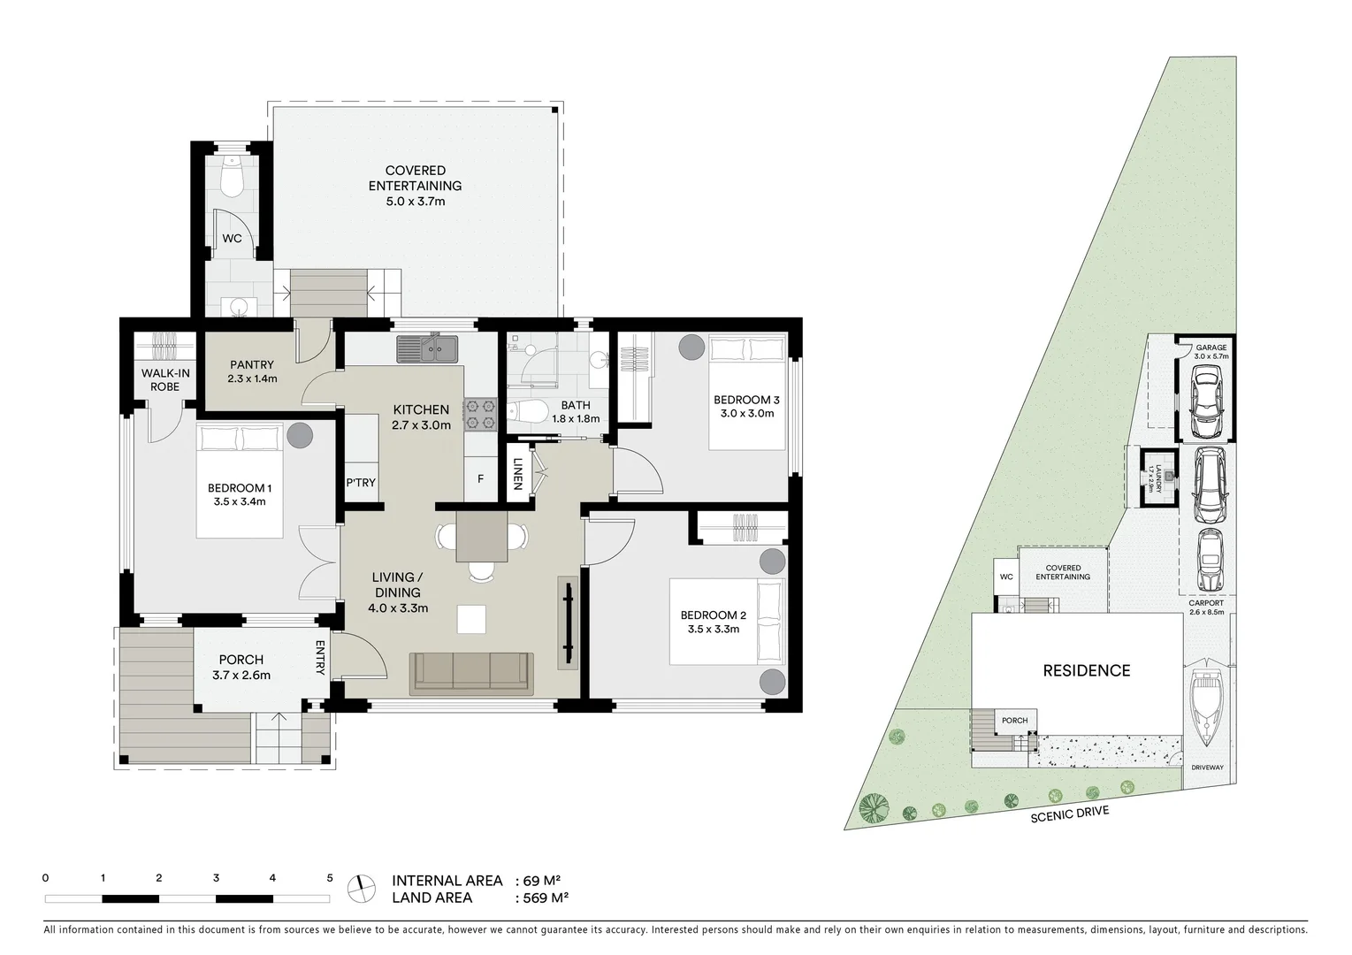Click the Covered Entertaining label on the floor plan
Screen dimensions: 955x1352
(x=415, y=179)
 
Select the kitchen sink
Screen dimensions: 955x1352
(x=427, y=348)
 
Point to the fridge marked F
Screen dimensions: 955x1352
(x=480, y=479)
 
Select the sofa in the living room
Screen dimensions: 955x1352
(x=470, y=673)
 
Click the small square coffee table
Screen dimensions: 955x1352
(x=470, y=619)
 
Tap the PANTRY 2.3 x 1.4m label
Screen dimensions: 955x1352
(x=252, y=371)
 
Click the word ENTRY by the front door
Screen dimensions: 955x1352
(x=320, y=659)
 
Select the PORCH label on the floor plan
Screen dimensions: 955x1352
(x=241, y=660)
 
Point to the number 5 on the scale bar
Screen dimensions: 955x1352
(x=330, y=878)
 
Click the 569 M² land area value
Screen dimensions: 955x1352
(x=540, y=898)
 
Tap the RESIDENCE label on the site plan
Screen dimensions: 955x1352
(x=1086, y=670)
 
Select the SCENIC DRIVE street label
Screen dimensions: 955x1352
(x=1069, y=814)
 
